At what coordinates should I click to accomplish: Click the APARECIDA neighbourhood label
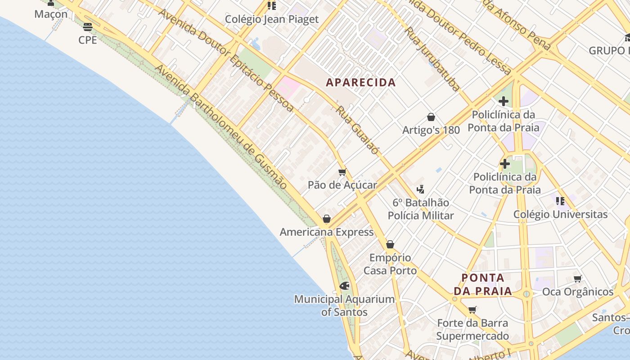(x=361, y=82)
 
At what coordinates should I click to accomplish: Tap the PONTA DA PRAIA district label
(x=483, y=284)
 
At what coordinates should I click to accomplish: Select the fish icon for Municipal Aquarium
(x=345, y=286)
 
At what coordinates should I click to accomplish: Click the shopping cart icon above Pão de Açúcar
(x=342, y=172)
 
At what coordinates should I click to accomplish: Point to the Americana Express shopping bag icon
(x=327, y=219)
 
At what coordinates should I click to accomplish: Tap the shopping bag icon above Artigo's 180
(x=431, y=117)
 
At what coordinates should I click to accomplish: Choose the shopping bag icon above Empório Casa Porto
(x=390, y=245)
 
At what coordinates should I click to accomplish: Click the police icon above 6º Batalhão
(x=421, y=189)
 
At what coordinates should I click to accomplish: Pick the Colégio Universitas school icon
(x=560, y=201)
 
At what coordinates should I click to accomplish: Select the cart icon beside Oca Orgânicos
(x=577, y=279)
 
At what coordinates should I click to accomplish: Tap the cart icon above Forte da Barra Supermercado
(x=472, y=310)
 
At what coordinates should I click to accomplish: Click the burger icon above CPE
(x=88, y=27)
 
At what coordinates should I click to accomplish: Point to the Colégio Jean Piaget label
(x=272, y=19)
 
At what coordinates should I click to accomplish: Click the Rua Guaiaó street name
(x=358, y=130)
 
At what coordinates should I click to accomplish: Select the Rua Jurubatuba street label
(x=432, y=59)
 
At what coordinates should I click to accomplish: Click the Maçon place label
(x=51, y=14)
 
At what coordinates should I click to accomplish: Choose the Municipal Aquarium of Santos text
(x=344, y=306)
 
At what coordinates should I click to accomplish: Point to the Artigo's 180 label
(x=431, y=130)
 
